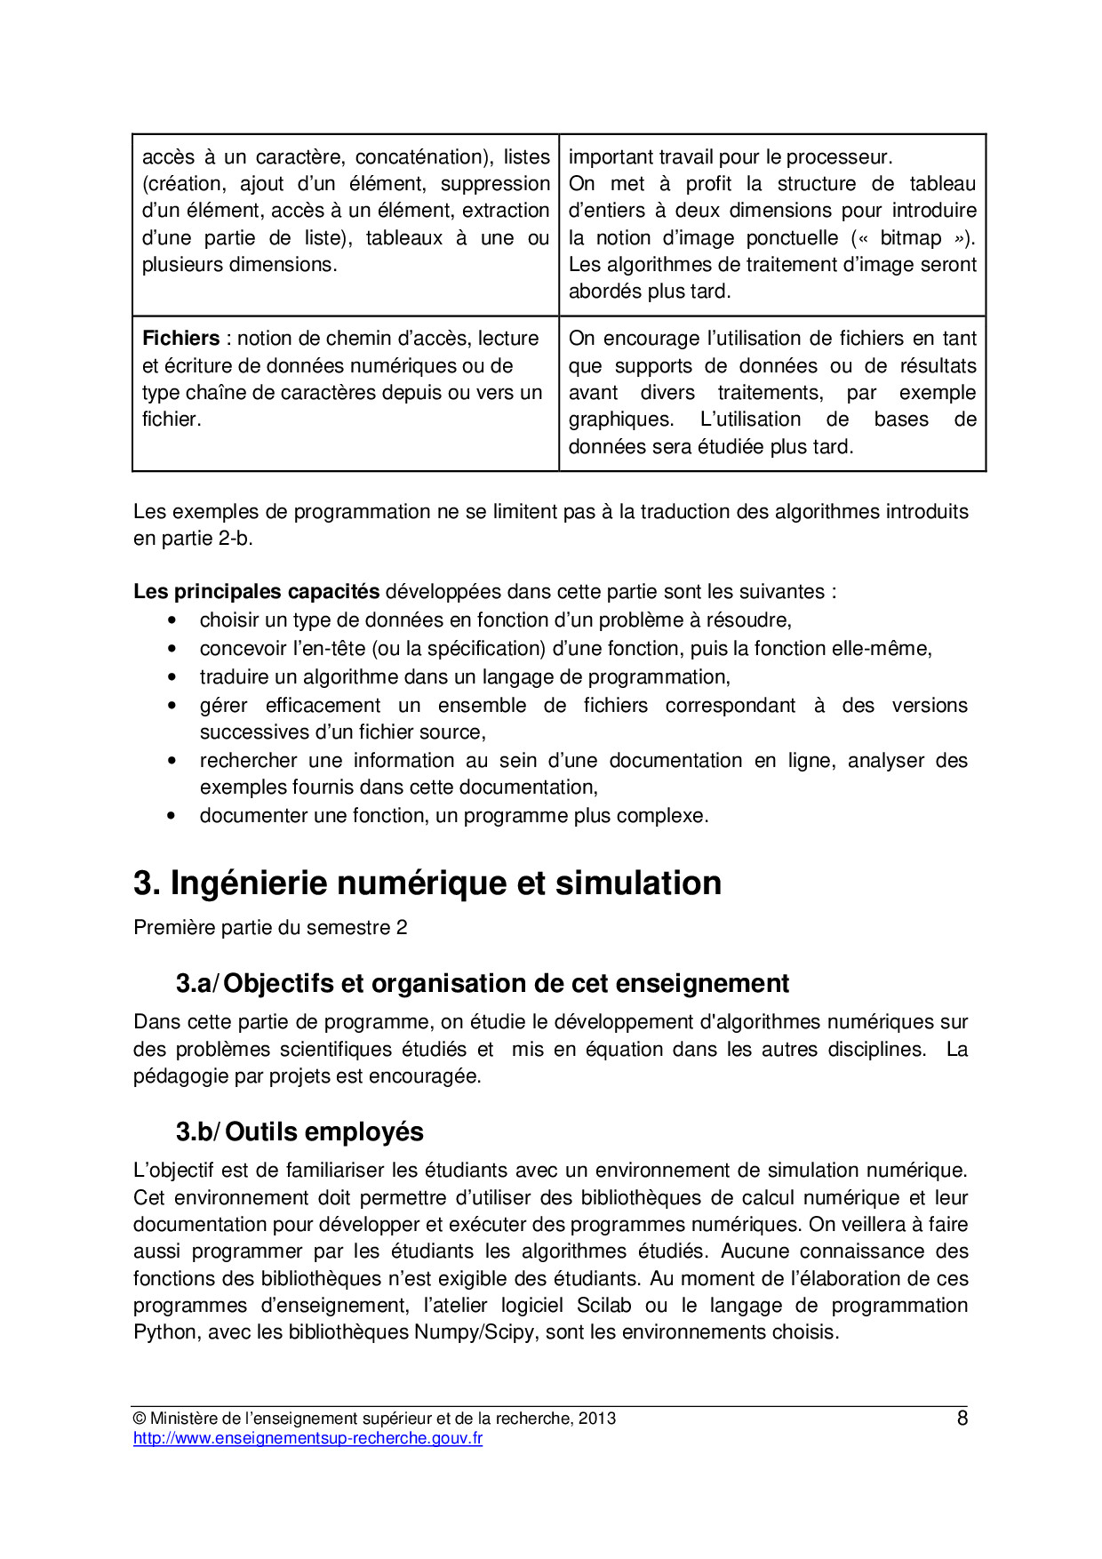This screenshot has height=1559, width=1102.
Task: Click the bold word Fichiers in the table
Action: tap(180, 339)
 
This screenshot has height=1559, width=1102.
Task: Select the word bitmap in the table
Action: tap(910, 238)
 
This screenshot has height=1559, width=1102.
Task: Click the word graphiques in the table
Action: tap(620, 420)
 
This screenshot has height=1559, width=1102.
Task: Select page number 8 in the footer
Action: tap(962, 1419)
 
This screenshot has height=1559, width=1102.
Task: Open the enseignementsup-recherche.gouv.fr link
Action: tap(307, 1438)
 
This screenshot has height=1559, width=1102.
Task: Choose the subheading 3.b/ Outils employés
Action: tap(299, 1131)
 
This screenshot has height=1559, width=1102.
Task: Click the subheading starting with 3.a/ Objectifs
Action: tap(482, 983)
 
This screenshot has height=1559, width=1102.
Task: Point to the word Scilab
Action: tap(604, 1306)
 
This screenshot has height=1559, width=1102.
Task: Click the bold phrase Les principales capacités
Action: tap(256, 592)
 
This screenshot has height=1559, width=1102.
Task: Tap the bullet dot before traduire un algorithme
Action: tap(172, 677)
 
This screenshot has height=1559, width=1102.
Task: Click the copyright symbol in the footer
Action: tap(140, 1419)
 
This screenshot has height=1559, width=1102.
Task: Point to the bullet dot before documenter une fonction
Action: tap(172, 816)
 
